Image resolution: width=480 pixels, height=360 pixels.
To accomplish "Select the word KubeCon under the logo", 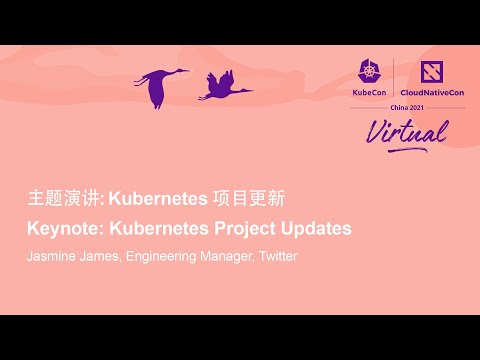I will tap(369, 92).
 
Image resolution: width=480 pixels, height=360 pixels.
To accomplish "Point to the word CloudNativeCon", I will tap(432, 92).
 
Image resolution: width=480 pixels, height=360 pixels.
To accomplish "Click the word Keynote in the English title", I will tap(59, 228).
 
